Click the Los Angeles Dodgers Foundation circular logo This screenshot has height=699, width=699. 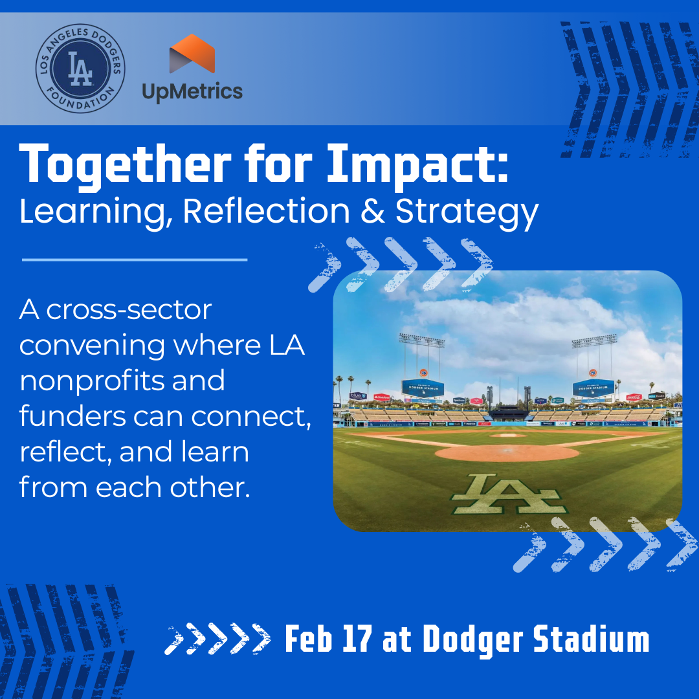point(80,68)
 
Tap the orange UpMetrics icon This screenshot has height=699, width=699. point(192,54)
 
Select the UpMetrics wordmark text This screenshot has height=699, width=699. point(192,92)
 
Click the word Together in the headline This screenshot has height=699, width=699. point(126,166)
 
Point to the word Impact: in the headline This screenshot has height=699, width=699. point(417,166)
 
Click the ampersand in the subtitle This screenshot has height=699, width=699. point(372,211)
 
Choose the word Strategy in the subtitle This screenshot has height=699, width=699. point(467,213)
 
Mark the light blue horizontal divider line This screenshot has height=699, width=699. point(135,260)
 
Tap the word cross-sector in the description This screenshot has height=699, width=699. point(129,310)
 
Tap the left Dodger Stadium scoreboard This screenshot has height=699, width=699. point(423,388)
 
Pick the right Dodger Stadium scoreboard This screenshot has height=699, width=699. point(594,388)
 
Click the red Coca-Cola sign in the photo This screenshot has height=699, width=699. point(634,397)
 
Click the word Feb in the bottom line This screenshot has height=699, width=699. point(309,639)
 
